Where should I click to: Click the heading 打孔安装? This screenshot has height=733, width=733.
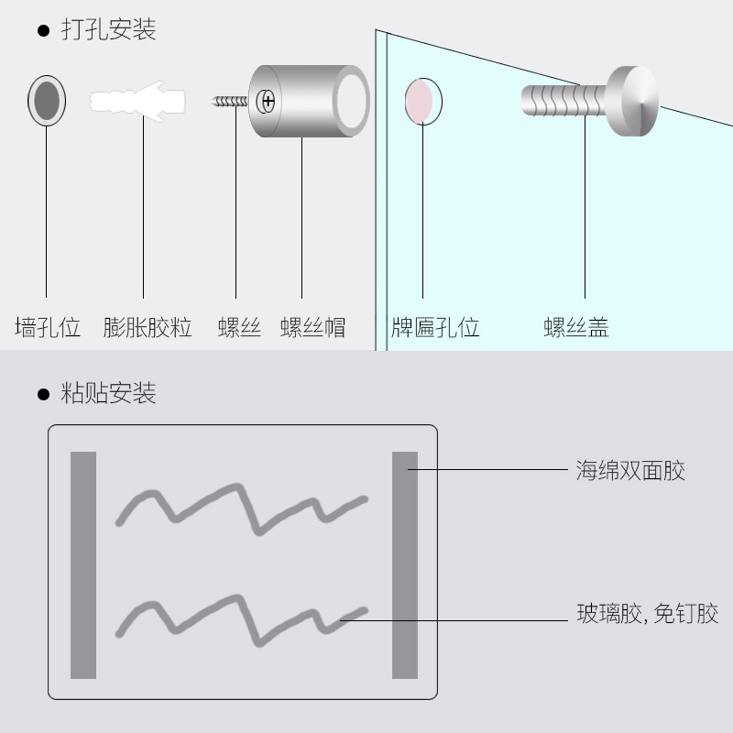[108, 29]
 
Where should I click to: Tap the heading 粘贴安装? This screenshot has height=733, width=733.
[108, 394]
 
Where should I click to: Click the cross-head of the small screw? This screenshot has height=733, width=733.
[268, 99]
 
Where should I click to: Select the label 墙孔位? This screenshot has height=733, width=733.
[47, 327]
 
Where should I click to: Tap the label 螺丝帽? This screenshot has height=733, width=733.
[312, 327]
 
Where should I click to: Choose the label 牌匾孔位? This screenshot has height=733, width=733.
[435, 327]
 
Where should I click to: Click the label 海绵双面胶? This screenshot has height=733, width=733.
[630, 471]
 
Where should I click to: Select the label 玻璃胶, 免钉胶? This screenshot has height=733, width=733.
[647, 614]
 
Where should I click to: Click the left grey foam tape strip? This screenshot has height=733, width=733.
[83, 564]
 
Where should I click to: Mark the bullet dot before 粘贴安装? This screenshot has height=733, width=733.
[42, 395]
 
